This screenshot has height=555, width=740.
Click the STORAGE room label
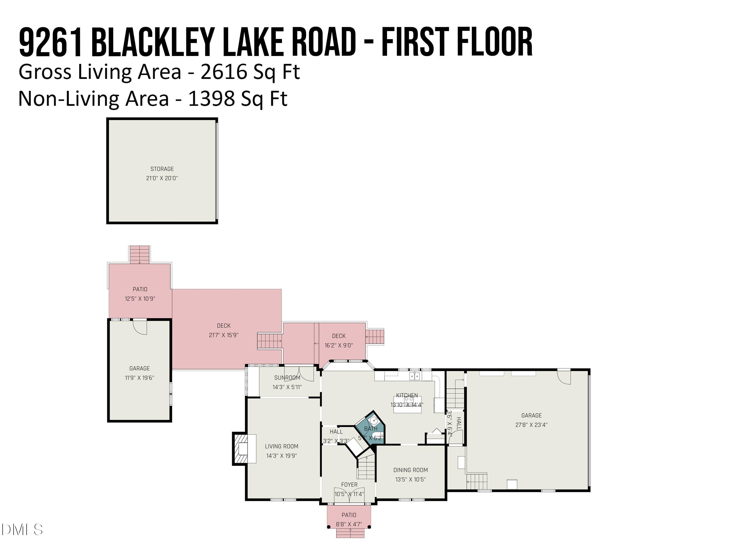click(162, 169)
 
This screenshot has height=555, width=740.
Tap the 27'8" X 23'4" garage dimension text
click(531, 425)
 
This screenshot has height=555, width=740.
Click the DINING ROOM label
click(410, 470)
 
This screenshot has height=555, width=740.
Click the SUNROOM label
click(287, 378)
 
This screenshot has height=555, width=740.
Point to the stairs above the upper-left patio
click(140, 255)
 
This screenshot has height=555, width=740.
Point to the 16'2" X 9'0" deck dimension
click(339, 345)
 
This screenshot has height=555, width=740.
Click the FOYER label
click(349, 484)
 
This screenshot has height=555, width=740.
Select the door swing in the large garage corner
click(564, 377)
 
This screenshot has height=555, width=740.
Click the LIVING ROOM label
click(281, 446)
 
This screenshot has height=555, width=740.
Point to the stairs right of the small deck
click(375, 336)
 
